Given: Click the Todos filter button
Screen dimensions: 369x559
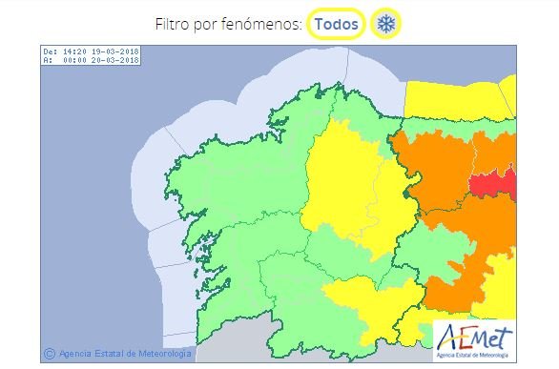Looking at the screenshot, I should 337,23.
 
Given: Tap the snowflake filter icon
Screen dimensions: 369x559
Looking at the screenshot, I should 384,23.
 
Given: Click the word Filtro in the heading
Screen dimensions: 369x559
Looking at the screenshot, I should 175,23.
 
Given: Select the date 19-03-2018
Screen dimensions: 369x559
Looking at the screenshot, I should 116,51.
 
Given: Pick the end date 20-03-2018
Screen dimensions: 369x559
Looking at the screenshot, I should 116,60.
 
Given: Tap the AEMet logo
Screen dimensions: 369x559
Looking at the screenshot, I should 474,339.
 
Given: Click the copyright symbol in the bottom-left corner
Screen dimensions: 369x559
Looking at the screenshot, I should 49,353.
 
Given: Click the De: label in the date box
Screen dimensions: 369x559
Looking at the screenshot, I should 51,51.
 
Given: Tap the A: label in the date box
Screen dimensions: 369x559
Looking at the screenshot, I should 48,60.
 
